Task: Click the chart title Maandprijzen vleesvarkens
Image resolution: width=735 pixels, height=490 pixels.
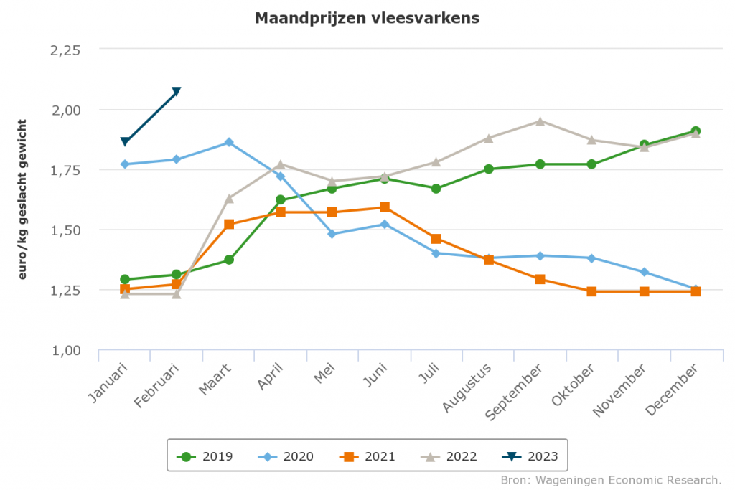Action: pyautogui.click(x=367, y=18)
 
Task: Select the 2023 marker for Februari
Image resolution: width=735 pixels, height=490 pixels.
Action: pyautogui.click(x=177, y=92)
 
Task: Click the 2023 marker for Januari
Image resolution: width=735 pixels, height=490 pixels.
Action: pyautogui.click(x=125, y=141)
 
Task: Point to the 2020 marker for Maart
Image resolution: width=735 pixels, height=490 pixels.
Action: pyautogui.click(x=229, y=142)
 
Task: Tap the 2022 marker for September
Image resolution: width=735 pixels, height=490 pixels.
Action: pyautogui.click(x=540, y=121)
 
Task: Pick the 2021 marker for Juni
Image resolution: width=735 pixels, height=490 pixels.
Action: pyautogui.click(x=385, y=207)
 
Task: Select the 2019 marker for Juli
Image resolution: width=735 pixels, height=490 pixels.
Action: pyautogui.click(x=436, y=188)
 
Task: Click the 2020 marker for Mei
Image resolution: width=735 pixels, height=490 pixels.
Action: pyautogui.click(x=332, y=234)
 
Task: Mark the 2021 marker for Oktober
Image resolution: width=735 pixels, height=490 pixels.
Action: pyautogui.click(x=592, y=291)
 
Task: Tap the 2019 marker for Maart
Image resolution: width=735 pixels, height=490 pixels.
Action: pyautogui.click(x=229, y=260)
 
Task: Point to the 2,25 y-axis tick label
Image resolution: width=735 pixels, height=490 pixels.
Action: pyautogui.click(x=65, y=50)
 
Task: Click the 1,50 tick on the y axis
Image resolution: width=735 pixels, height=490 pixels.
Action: pyautogui.click(x=65, y=230)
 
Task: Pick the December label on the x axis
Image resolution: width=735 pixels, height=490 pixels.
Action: pyautogui.click(x=672, y=390)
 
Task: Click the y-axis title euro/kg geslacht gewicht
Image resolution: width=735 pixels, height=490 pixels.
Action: pyautogui.click(x=22, y=199)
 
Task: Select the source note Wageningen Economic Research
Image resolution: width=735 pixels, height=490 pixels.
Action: pyautogui.click(x=611, y=479)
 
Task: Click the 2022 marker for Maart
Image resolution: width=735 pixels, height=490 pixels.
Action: pyautogui.click(x=229, y=198)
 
